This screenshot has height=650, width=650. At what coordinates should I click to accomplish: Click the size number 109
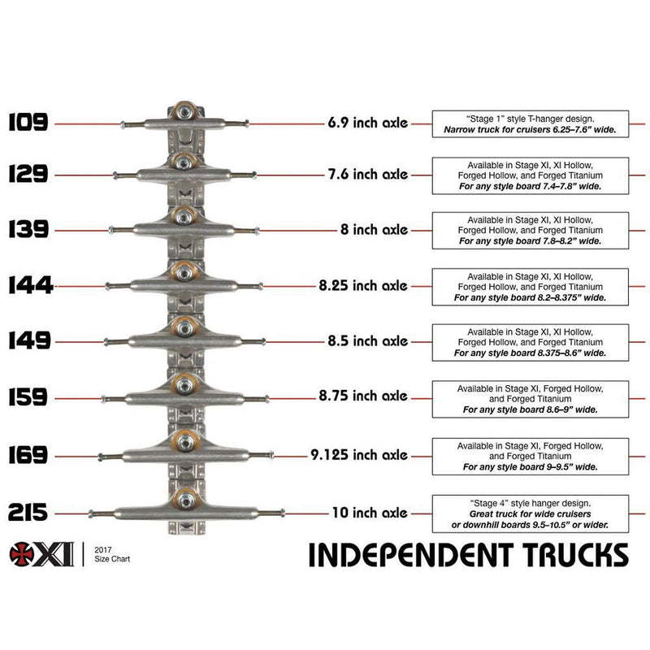[x=28, y=123]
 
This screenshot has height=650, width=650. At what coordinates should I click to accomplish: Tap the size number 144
[x=29, y=285]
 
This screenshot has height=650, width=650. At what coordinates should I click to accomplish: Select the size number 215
[x=28, y=513]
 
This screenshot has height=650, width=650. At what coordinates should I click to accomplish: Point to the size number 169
[x=28, y=455]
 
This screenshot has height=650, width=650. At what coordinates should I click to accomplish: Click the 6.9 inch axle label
[x=367, y=123]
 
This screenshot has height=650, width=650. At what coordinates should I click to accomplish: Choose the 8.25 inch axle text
[x=364, y=285]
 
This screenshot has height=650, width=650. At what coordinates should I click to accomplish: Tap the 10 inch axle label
[x=369, y=513]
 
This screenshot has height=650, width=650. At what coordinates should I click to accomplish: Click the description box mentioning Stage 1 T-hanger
[x=531, y=123]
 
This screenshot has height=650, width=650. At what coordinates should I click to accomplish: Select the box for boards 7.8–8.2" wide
[x=531, y=230]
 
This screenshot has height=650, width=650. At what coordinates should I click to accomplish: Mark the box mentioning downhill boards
[x=531, y=513]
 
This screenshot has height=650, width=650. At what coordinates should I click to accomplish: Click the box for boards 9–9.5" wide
[x=531, y=456]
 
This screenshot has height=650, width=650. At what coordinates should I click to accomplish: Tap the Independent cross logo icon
[x=22, y=554]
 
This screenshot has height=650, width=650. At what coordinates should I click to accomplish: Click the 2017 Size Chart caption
[x=112, y=555]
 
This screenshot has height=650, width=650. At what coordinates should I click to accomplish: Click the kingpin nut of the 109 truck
[x=184, y=110]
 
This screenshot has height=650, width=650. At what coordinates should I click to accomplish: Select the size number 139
[x=28, y=230]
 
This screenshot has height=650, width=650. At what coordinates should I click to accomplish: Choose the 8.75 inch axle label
[x=364, y=396]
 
